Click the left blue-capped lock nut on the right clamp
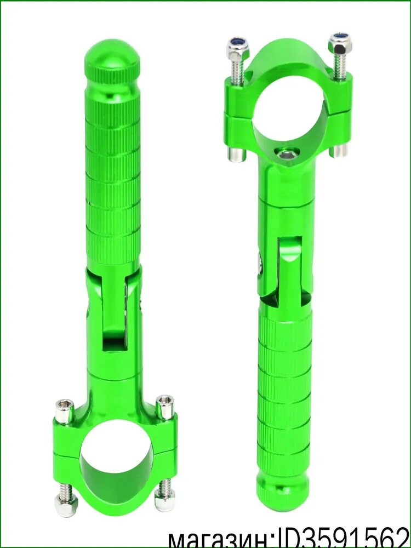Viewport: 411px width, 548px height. [x=238, y=46]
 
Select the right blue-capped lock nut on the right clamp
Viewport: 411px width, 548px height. [x=340, y=43]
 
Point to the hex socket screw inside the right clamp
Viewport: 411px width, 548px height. [x=287, y=154]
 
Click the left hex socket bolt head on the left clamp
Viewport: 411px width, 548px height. [x=65, y=412]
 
